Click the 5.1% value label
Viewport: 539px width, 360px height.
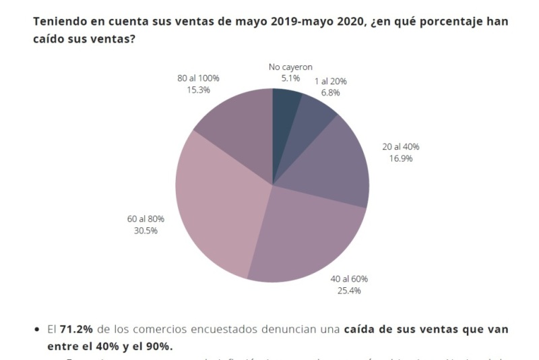tap(290, 78)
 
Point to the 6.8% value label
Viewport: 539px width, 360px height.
tap(330, 92)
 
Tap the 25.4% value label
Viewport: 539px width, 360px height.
tap(349, 291)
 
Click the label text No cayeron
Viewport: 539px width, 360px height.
tap(290, 67)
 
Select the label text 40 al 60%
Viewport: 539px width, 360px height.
tap(349, 279)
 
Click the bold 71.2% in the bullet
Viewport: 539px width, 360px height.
tap(76, 330)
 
